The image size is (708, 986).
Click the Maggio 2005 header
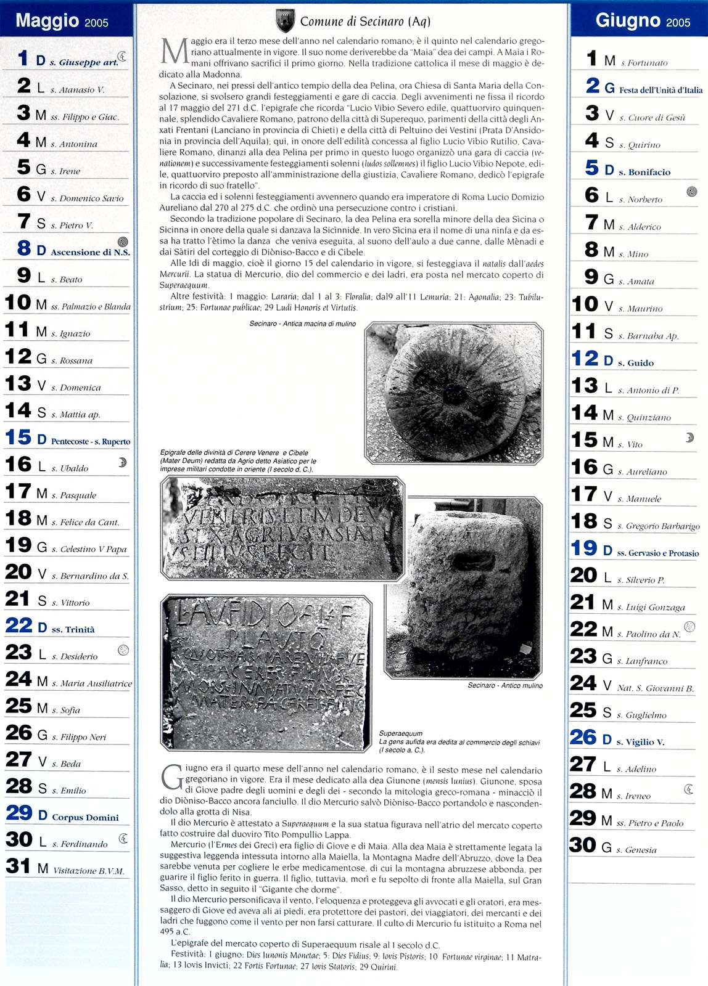click(x=62, y=21)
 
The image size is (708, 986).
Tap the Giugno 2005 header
click(x=643, y=21)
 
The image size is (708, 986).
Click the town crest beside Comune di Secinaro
click(x=285, y=21)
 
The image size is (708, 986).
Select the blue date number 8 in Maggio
click(x=24, y=248)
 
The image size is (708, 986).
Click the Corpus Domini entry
click(x=85, y=817)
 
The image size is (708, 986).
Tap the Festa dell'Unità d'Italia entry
click(x=661, y=90)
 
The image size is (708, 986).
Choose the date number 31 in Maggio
click(x=19, y=866)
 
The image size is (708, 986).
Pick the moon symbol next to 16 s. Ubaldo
click(x=122, y=462)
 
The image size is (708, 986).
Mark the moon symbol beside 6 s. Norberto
click(x=691, y=192)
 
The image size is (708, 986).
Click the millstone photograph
click(x=454, y=393)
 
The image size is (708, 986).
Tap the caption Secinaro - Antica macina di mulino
click(x=302, y=324)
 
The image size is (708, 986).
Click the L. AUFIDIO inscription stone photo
click(x=266, y=672)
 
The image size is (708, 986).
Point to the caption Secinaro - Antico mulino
click(x=504, y=685)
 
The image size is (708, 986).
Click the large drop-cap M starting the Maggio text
click(x=174, y=52)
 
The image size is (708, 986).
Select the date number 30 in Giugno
click(x=583, y=845)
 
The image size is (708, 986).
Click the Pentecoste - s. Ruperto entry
click(x=90, y=441)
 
